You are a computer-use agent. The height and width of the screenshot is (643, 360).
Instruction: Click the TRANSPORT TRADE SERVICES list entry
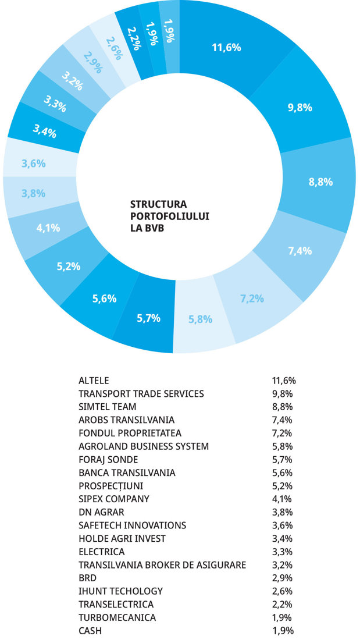click(141, 394)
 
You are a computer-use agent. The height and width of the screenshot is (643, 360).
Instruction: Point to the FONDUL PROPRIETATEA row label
click(130, 433)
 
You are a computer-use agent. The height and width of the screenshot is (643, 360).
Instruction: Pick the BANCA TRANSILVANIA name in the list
click(127, 473)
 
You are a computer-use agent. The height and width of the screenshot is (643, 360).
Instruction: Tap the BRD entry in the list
click(88, 578)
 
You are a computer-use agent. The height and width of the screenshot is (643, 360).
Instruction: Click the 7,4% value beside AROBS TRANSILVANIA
click(282, 420)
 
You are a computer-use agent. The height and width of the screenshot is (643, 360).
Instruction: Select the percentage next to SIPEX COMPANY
click(282, 499)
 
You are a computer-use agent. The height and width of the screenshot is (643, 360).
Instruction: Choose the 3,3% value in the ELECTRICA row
click(282, 552)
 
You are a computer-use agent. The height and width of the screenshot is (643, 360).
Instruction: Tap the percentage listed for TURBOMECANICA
click(282, 617)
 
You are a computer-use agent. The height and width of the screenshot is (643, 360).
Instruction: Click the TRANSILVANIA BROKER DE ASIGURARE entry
click(162, 564)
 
